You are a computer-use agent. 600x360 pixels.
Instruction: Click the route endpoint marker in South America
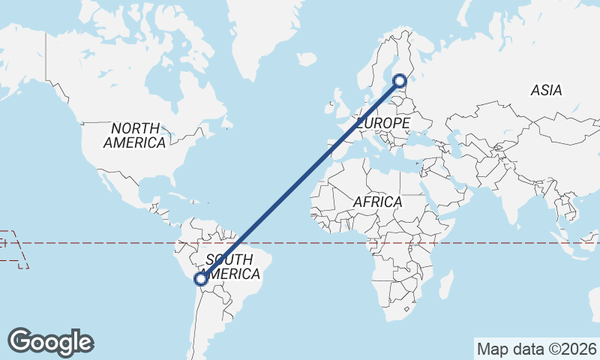pos(200,279)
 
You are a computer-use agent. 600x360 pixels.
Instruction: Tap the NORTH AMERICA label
pos(135,135)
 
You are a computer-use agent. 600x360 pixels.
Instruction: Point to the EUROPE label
pos(382,122)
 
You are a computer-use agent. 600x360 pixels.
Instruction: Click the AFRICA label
pos(377,202)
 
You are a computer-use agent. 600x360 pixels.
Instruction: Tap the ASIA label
pos(546,90)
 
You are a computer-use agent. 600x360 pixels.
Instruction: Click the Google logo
pos(50,342)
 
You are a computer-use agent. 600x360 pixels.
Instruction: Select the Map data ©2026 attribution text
pos(536,349)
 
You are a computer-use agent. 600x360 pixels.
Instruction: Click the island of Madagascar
pos(445,286)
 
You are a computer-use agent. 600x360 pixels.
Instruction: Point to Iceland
pos(306,58)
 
